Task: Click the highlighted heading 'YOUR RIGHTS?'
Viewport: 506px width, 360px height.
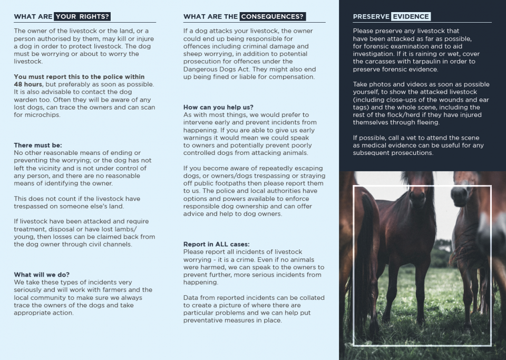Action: tap(82, 17)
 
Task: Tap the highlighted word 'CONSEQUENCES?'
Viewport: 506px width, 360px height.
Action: tap(273, 17)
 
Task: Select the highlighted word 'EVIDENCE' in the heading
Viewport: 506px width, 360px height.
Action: tap(411, 17)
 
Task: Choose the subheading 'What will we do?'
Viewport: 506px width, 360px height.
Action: tap(42, 275)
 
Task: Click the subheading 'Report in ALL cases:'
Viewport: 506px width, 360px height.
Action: tap(217, 244)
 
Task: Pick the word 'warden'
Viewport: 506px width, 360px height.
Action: tap(25, 100)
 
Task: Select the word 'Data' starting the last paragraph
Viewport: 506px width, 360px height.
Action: tap(191, 298)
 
